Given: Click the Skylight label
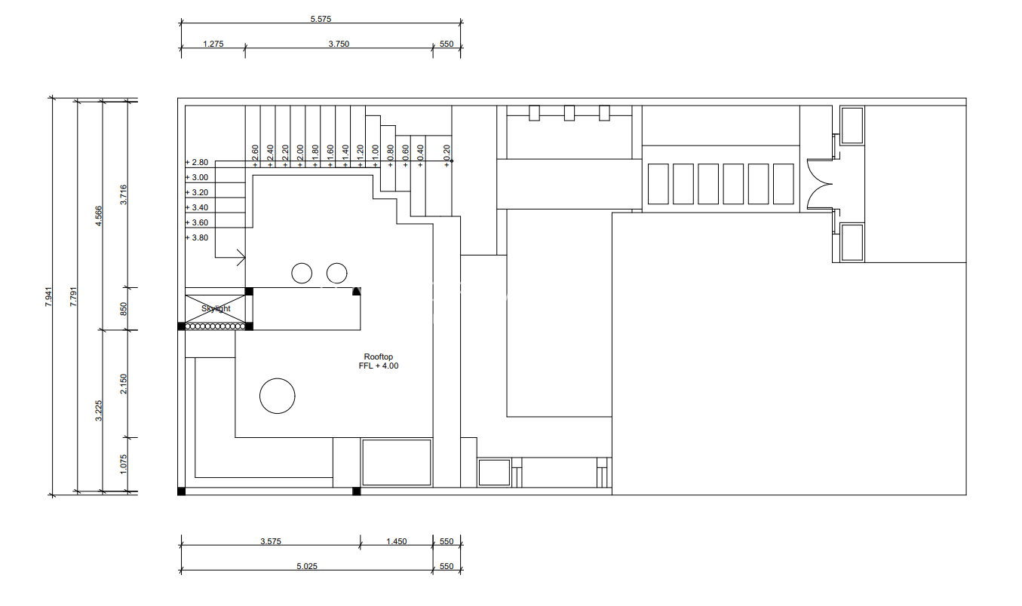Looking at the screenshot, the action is pyautogui.click(x=216, y=309).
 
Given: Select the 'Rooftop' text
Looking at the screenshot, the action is pyautogui.click(x=378, y=357).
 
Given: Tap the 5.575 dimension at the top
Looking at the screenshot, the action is pyautogui.click(x=321, y=19).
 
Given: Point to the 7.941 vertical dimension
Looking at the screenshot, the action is pyautogui.click(x=48, y=296).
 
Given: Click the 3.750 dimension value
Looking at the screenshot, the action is pyautogui.click(x=339, y=44).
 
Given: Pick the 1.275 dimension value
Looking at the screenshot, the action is pyautogui.click(x=213, y=44).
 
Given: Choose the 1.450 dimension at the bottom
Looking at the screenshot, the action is pyautogui.click(x=397, y=541).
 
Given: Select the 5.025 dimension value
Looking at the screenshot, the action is pyautogui.click(x=307, y=566).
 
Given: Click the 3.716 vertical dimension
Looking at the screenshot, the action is pyautogui.click(x=123, y=194).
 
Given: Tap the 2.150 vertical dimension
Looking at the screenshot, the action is pyautogui.click(x=123, y=384).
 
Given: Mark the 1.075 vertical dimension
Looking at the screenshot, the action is pyautogui.click(x=123, y=464).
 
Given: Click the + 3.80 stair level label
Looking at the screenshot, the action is pyautogui.click(x=197, y=237).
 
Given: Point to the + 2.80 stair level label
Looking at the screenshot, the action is pyautogui.click(x=197, y=162).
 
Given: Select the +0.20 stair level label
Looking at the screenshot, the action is pyautogui.click(x=447, y=156).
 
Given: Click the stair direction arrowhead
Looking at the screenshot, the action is pyautogui.click(x=242, y=258).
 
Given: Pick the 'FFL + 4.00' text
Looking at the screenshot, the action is pyautogui.click(x=378, y=366).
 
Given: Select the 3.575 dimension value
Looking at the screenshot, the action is pyautogui.click(x=271, y=541).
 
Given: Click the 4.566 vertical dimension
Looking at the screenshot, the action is pyautogui.click(x=99, y=216).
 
